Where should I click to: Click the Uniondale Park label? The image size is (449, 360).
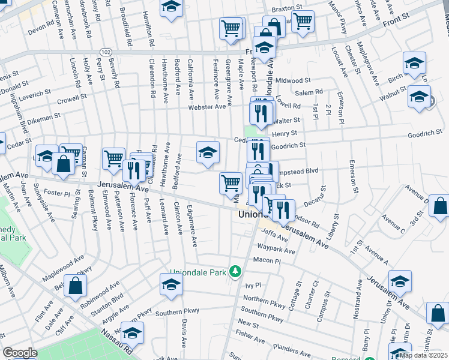199,273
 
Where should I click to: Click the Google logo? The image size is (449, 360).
20,353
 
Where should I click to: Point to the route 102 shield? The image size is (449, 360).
105,53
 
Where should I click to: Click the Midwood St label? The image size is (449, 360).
293,80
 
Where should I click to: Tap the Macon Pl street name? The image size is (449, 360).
267,261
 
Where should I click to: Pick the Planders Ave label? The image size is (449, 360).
289,346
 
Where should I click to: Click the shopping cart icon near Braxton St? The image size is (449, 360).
303,22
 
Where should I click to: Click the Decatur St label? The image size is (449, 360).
317,196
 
